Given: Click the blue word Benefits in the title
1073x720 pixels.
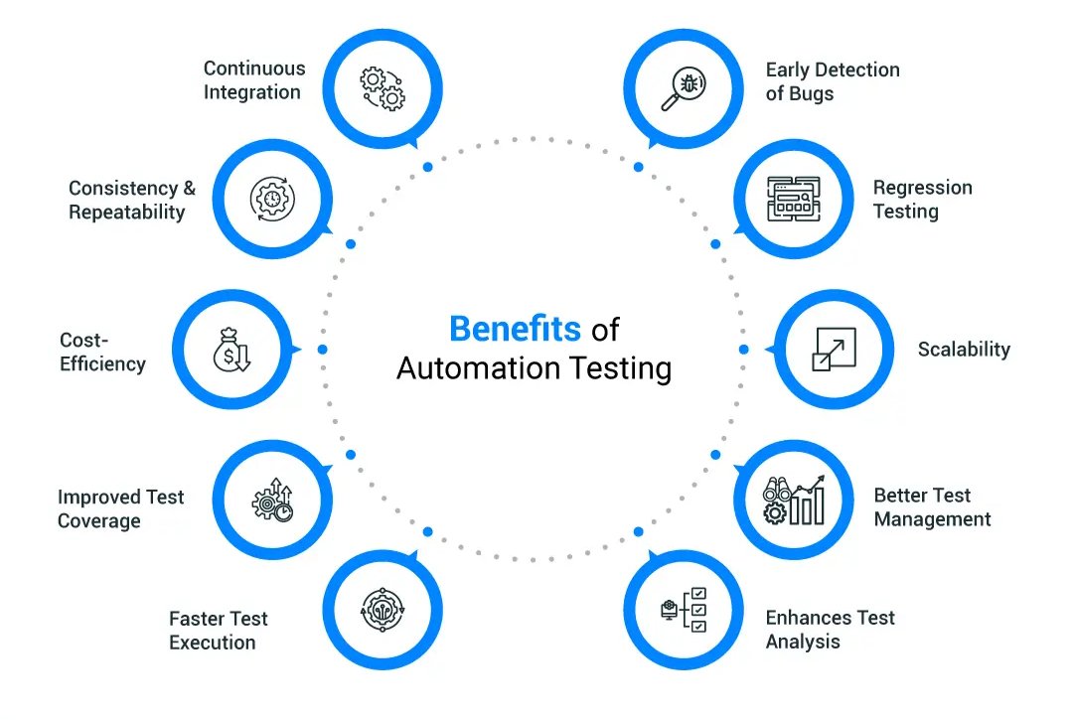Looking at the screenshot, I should tap(515, 329).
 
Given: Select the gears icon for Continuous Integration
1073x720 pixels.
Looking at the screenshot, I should tap(383, 87).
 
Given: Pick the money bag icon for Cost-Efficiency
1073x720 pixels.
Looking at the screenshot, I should tap(232, 351).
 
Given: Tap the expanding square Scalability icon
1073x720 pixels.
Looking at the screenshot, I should tap(828, 350).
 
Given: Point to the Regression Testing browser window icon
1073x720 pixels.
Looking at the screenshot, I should tap(797, 199).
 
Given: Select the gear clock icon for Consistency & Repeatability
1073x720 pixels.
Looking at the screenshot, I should tap(271, 199).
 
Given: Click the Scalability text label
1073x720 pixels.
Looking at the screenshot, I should tap(964, 350).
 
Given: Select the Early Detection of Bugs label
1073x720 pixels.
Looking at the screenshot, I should tap(833, 82).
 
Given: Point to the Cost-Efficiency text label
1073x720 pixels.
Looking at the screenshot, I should tap(102, 353).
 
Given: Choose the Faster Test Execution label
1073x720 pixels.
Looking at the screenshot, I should tap(219, 631).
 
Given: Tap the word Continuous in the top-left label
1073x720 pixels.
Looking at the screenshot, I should tap(254, 69).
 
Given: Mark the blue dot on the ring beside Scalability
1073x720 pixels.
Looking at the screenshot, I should tap(744, 350).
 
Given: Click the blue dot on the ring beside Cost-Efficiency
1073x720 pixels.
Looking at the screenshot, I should tap(322, 350).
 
